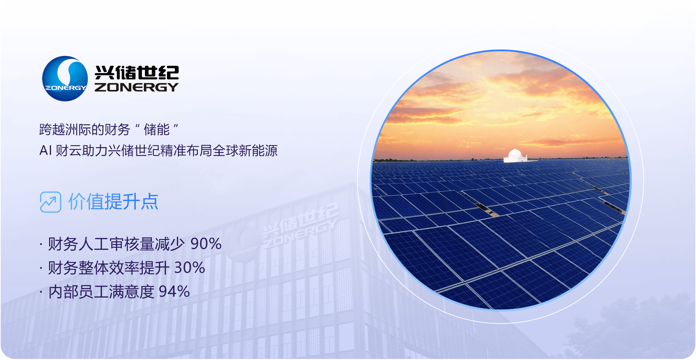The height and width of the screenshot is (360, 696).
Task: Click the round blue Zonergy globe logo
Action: tap(65, 79)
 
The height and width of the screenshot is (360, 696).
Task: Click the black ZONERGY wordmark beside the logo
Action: tap(136, 87)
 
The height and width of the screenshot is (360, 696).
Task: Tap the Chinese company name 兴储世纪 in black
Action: tap(137, 73)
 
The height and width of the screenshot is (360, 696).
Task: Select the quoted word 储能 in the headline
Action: tap(156, 129)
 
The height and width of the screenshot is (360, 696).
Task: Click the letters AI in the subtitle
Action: tap(46, 151)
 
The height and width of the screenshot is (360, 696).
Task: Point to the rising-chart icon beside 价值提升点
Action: tap(51, 202)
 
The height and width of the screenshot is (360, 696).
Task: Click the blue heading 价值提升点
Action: tap(113, 201)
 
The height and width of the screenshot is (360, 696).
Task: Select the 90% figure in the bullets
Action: tap(206, 244)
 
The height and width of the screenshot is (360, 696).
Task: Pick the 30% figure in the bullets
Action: tap(190, 268)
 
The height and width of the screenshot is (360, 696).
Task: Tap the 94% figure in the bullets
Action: tap(174, 292)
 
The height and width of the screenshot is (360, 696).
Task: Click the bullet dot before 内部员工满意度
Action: tap(41, 292)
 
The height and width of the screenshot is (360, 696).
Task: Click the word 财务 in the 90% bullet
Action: tap(63, 244)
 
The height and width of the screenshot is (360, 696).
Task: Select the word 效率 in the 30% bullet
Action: tap(124, 268)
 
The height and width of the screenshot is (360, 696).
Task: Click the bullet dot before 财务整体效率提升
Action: tap(41, 268)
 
